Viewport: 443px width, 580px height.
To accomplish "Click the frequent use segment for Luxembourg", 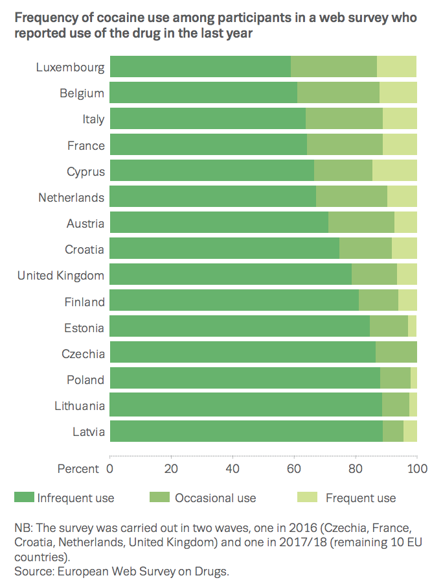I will click(x=396, y=67).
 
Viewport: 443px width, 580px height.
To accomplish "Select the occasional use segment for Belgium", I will click(x=338, y=93).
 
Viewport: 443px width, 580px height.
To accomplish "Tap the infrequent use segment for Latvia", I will click(x=246, y=431).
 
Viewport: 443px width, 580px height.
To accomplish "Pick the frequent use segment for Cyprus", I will click(x=394, y=171).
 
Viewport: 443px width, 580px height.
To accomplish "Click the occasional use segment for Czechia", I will click(x=396, y=354).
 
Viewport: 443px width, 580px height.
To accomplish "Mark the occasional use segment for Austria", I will click(x=361, y=223).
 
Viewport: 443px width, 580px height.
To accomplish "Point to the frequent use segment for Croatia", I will click(x=404, y=249).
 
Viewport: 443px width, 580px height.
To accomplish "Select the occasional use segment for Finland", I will click(x=378, y=302).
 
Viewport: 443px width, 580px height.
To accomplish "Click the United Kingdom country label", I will click(x=61, y=276).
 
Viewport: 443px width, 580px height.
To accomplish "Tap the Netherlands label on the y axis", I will click(x=71, y=197).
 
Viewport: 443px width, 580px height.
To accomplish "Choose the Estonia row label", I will click(x=84, y=328).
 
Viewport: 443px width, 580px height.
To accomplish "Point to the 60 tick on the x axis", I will click(x=294, y=468).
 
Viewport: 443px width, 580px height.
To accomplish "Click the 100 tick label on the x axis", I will click(x=416, y=468).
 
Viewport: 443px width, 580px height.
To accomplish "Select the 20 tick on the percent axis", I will click(x=171, y=468).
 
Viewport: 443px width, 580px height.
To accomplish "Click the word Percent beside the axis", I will click(x=78, y=468).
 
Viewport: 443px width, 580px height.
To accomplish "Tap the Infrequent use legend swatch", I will click(x=24, y=498).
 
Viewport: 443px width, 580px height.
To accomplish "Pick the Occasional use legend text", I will click(x=216, y=498).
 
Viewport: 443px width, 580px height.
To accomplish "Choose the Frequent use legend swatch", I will click(x=306, y=498).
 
